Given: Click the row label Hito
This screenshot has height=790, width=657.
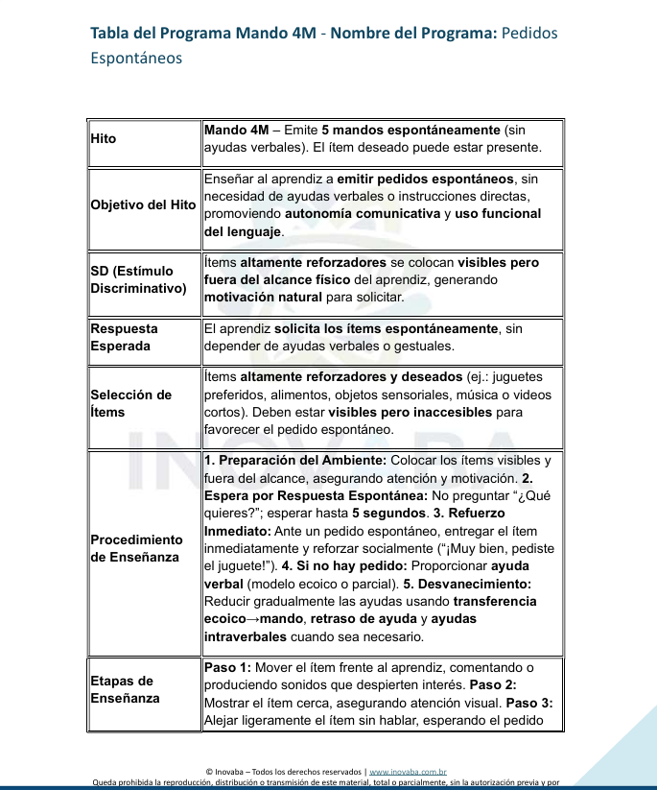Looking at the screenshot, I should (103, 139).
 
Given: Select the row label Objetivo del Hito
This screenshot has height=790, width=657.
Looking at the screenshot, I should (143, 205).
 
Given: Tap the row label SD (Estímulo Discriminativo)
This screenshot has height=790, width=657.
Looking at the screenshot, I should (138, 279).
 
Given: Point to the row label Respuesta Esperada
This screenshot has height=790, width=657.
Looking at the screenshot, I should (125, 337).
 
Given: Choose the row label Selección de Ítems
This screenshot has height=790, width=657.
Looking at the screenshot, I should (131, 403).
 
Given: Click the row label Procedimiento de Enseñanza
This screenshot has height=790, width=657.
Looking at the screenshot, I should (136, 548).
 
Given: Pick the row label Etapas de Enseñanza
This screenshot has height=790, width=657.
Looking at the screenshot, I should (126, 690).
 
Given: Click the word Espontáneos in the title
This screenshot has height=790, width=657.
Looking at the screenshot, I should (136, 58).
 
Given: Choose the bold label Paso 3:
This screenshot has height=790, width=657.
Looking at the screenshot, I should (529, 703).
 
